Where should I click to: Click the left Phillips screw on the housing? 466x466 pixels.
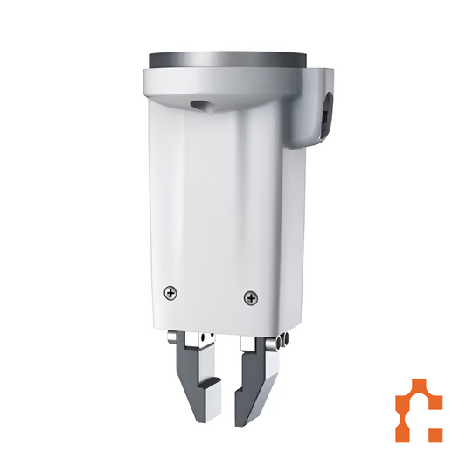(x=170, y=293)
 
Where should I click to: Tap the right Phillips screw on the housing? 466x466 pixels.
(x=251, y=298)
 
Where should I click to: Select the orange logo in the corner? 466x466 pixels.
(x=418, y=411)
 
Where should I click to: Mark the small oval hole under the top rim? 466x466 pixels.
(x=203, y=104)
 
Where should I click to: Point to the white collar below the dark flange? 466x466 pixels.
(x=227, y=84)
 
